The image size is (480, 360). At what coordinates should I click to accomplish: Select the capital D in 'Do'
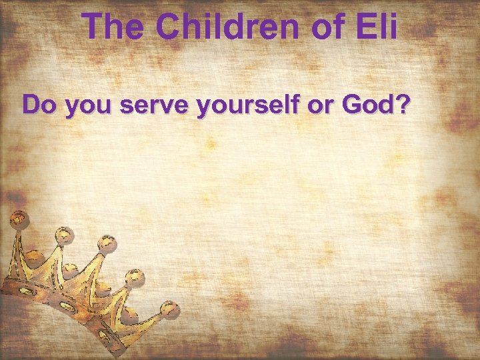click(31, 105)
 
